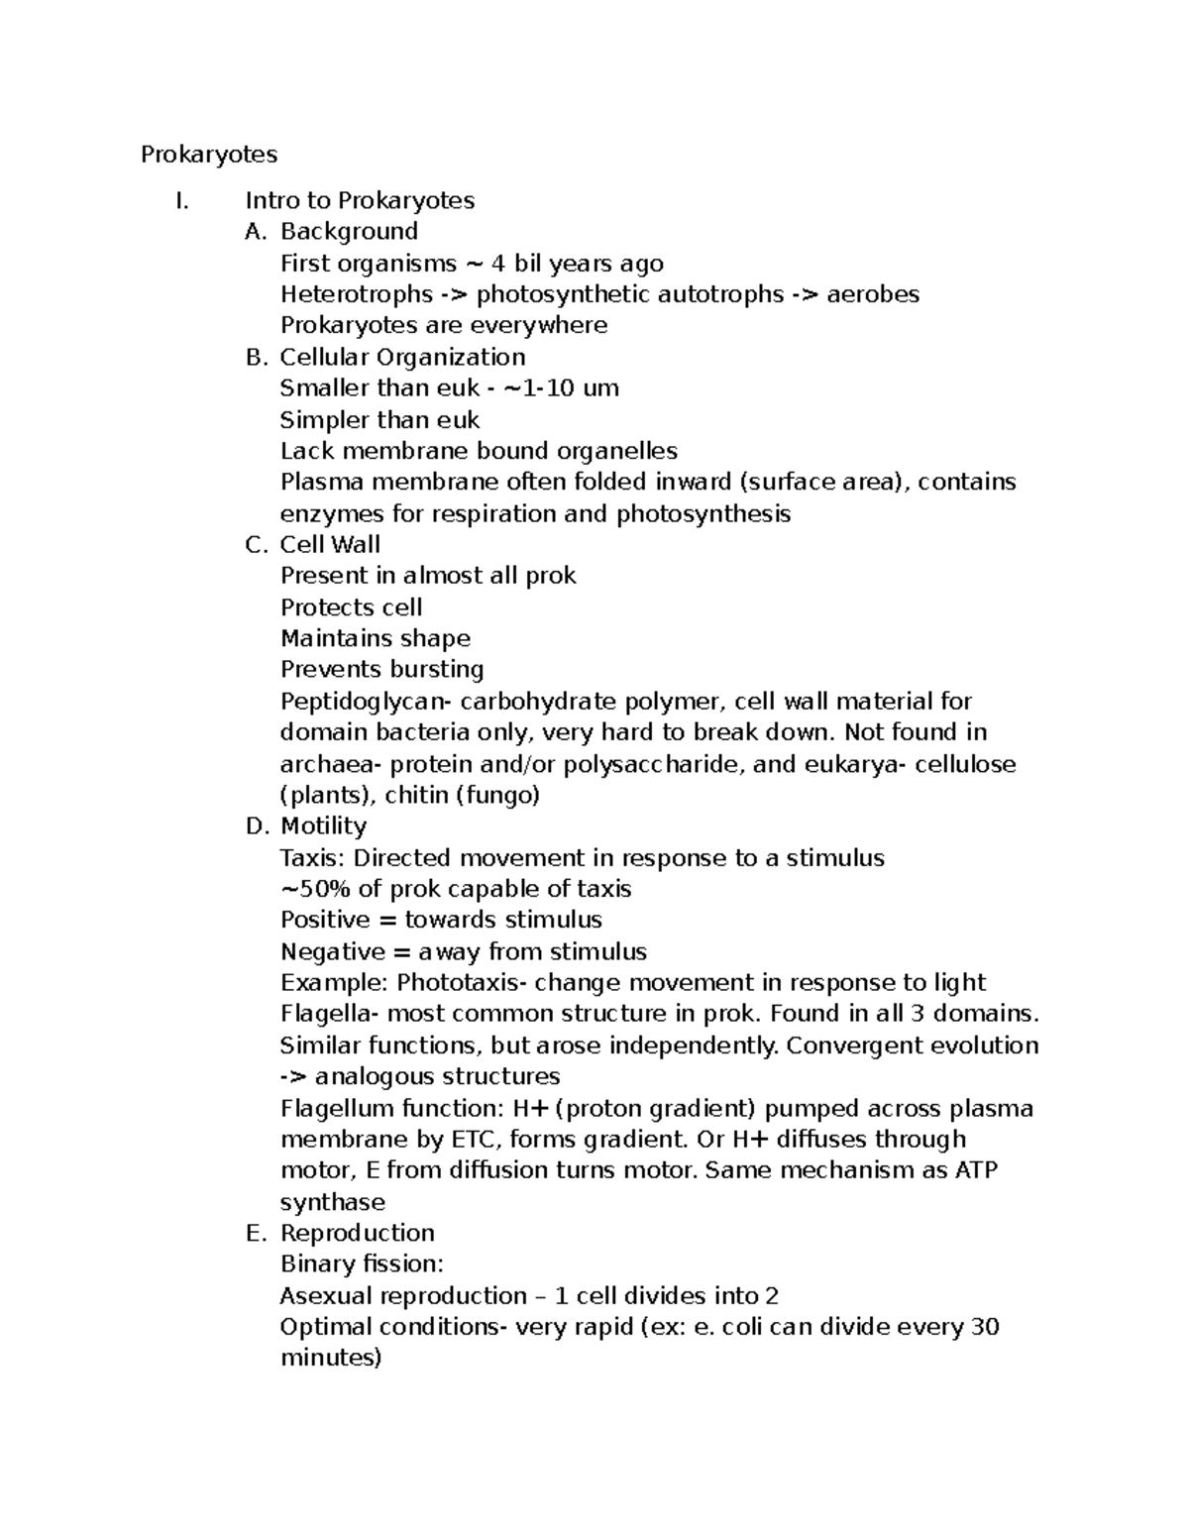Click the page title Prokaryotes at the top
click(209, 155)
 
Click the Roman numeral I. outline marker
click(180, 201)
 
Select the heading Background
click(349, 232)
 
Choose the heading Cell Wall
click(330, 544)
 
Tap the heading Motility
click(323, 826)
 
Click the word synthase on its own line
click(332, 1202)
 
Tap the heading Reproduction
click(358, 1233)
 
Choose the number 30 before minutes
click(985, 1327)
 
